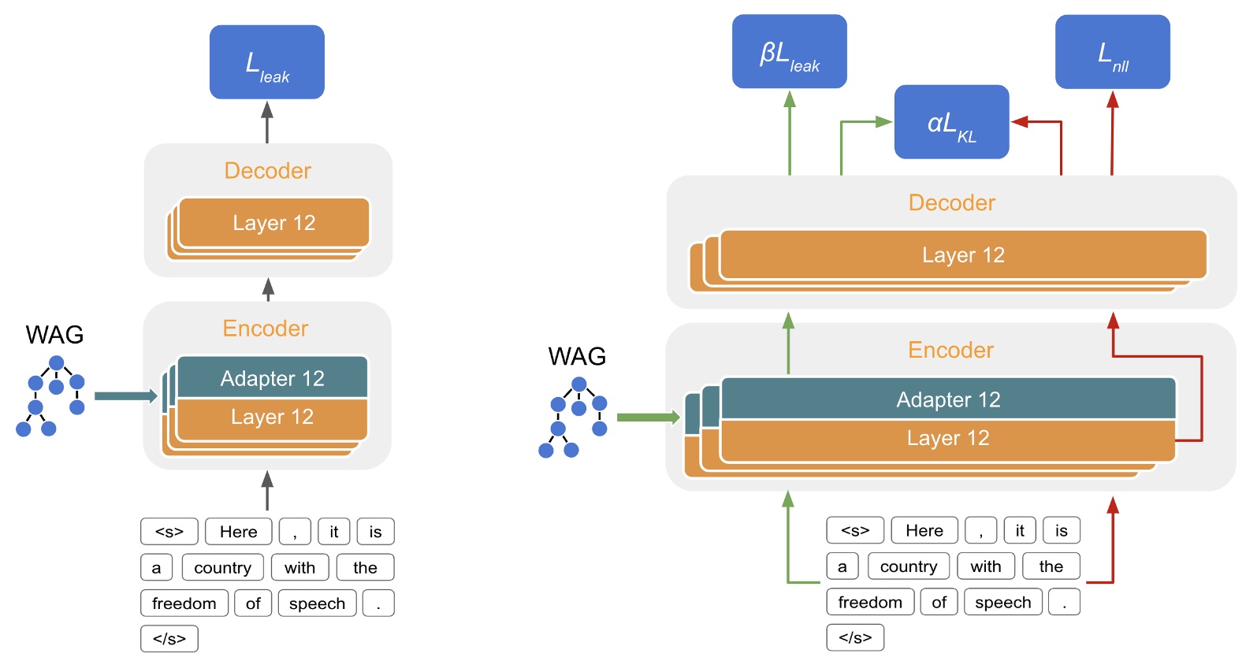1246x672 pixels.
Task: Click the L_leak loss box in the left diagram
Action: pos(266,62)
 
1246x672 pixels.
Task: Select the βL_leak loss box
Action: pos(789,52)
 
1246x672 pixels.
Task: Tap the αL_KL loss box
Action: pos(951,122)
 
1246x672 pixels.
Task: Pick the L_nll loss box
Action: pos(1112,52)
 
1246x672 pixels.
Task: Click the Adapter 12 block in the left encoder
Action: pos(272,378)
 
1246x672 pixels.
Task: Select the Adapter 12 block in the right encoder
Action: pos(948,399)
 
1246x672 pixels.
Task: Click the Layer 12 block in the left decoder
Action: pos(273,223)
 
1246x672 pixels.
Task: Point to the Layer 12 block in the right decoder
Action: pos(963,255)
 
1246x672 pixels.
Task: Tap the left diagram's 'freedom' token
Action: pos(184,603)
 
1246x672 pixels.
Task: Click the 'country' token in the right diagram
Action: pos(909,566)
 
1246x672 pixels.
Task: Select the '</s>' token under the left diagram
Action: pos(169,639)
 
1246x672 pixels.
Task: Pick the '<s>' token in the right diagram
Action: pos(855,531)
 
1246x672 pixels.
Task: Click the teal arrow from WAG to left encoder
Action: pos(125,396)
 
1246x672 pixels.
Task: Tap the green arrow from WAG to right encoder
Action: pos(647,418)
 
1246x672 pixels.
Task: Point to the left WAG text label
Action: pos(54,335)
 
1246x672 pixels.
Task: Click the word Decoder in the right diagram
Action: pos(951,202)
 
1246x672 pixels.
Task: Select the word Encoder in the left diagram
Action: pos(266,329)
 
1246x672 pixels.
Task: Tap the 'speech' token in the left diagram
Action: pos(317,603)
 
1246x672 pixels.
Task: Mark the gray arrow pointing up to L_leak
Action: pos(267,121)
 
